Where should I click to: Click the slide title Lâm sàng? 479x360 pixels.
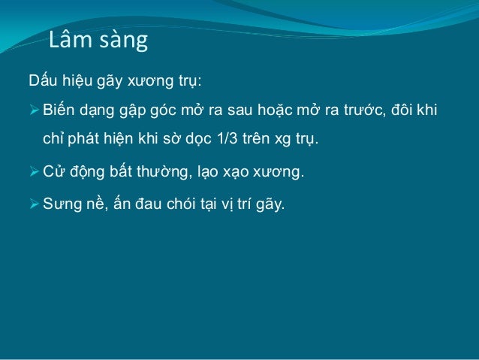98,41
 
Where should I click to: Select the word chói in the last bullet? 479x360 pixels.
171,202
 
